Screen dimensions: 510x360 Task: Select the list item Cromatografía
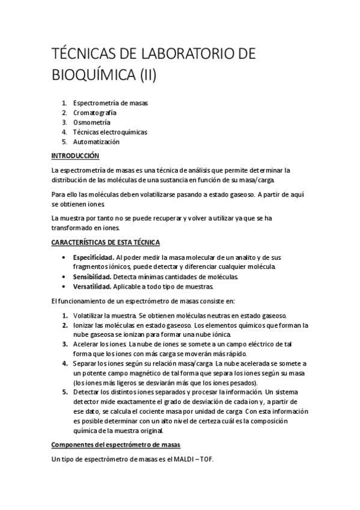tap(95, 112)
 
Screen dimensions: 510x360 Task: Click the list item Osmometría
tap(92, 122)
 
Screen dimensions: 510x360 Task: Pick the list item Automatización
tap(96, 142)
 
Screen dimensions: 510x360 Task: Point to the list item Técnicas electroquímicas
tap(110, 132)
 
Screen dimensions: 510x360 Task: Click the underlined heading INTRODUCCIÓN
tap(75, 155)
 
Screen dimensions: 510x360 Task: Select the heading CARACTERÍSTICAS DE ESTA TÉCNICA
tap(106, 242)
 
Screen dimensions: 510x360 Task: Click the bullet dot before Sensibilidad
tap(64, 277)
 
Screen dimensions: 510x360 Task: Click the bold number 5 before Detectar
tap(64, 392)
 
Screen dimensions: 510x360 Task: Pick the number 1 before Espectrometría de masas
tap(64, 103)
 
